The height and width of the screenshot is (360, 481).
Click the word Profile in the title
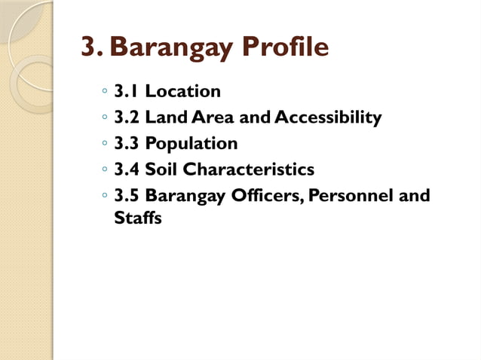pyautogui.click(x=287, y=48)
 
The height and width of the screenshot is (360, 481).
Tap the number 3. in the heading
pyautogui.click(x=93, y=48)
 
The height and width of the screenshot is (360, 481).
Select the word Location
pyautogui.click(x=183, y=92)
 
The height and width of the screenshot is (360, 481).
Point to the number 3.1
pyautogui.click(x=127, y=92)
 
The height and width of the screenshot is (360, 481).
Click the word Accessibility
pyautogui.click(x=328, y=117)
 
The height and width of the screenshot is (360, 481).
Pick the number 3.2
pyautogui.click(x=127, y=117)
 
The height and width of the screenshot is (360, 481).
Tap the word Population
pyautogui.click(x=191, y=143)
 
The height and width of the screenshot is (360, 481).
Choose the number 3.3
pyautogui.click(x=127, y=143)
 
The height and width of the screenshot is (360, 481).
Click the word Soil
pyautogui.click(x=161, y=169)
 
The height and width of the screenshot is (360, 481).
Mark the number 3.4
pyautogui.click(x=127, y=169)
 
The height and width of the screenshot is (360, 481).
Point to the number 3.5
pyautogui.click(x=127, y=196)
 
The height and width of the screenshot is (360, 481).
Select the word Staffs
pyautogui.click(x=138, y=220)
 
